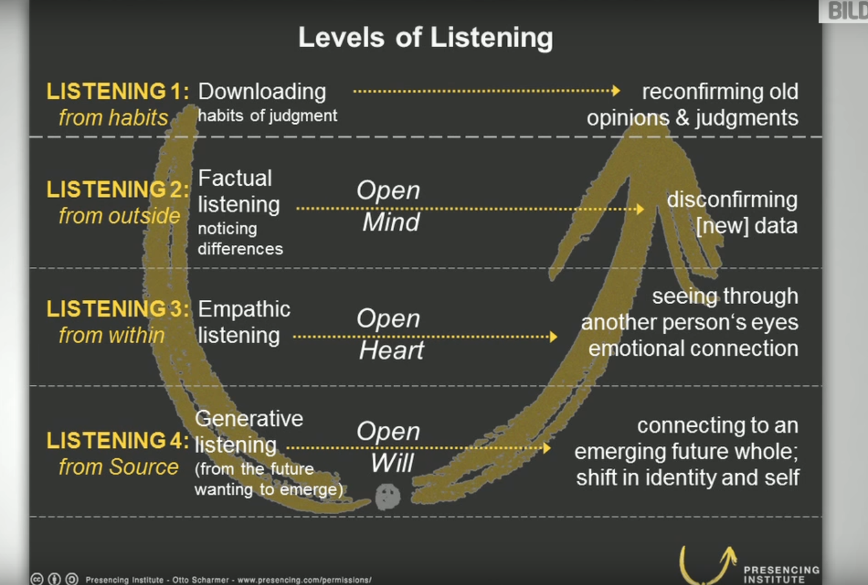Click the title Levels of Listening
(425, 38)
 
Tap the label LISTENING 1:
(117, 91)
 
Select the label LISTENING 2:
(117, 190)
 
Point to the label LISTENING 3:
(117, 309)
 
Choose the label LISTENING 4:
(117, 440)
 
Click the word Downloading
(262, 91)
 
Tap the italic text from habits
(113, 118)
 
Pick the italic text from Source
(118, 467)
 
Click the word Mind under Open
(390, 222)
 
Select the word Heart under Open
(391, 350)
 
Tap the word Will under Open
(392, 463)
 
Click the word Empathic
(244, 309)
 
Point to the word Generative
(249, 419)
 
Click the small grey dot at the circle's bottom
(387, 497)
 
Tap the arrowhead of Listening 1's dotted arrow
(616, 91)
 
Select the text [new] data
(747, 226)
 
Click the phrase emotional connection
(693, 349)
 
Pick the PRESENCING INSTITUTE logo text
(782, 574)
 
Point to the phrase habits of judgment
(267, 116)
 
